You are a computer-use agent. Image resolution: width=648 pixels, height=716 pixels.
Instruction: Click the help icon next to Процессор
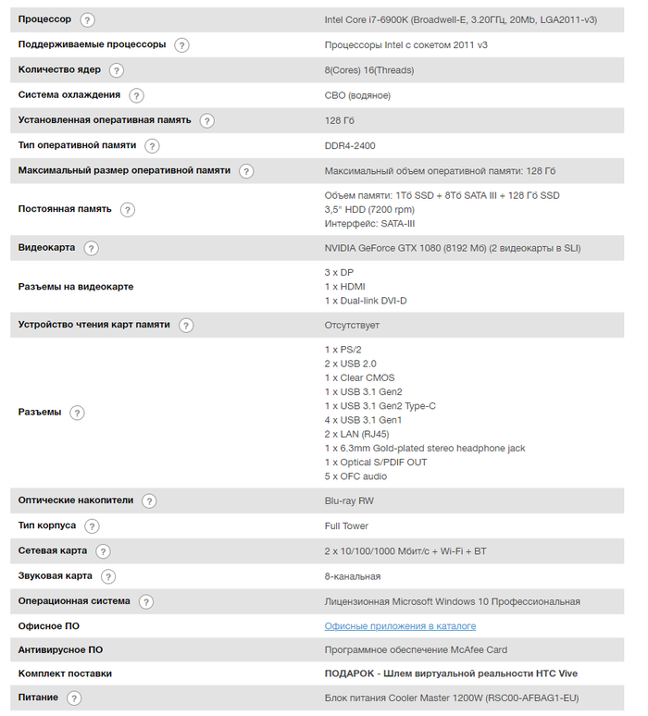click(x=87, y=19)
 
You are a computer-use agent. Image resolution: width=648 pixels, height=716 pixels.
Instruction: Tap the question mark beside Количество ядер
click(x=116, y=69)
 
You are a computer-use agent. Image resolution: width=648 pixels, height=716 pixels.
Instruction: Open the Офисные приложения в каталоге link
click(x=400, y=626)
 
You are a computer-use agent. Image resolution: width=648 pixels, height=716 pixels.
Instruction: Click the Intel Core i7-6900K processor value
click(x=460, y=19)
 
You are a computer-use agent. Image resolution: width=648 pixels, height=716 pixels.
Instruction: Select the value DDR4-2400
click(x=350, y=145)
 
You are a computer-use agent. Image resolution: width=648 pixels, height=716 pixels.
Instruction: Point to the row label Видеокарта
click(x=47, y=248)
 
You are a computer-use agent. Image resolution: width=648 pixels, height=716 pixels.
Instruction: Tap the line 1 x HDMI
click(x=344, y=287)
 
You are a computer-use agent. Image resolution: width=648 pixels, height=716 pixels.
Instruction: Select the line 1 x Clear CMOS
click(x=359, y=377)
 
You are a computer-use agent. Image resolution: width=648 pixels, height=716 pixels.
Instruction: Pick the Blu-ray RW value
click(x=349, y=500)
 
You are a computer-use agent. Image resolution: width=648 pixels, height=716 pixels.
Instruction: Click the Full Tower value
click(x=346, y=525)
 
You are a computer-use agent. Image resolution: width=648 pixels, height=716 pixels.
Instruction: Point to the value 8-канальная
click(x=353, y=576)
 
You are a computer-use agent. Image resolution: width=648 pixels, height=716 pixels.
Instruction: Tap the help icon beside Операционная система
click(x=146, y=601)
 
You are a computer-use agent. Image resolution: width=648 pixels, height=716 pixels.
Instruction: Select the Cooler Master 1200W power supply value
click(x=452, y=697)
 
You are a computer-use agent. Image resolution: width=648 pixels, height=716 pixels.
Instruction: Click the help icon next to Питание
click(x=74, y=698)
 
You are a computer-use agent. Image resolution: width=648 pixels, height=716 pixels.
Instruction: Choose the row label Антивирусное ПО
click(x=60, y=649)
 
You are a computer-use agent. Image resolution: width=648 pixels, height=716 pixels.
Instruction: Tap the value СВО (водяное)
click(x=357, y=95)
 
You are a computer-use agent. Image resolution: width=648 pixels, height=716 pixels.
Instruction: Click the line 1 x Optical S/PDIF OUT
click(x=376, y=463)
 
